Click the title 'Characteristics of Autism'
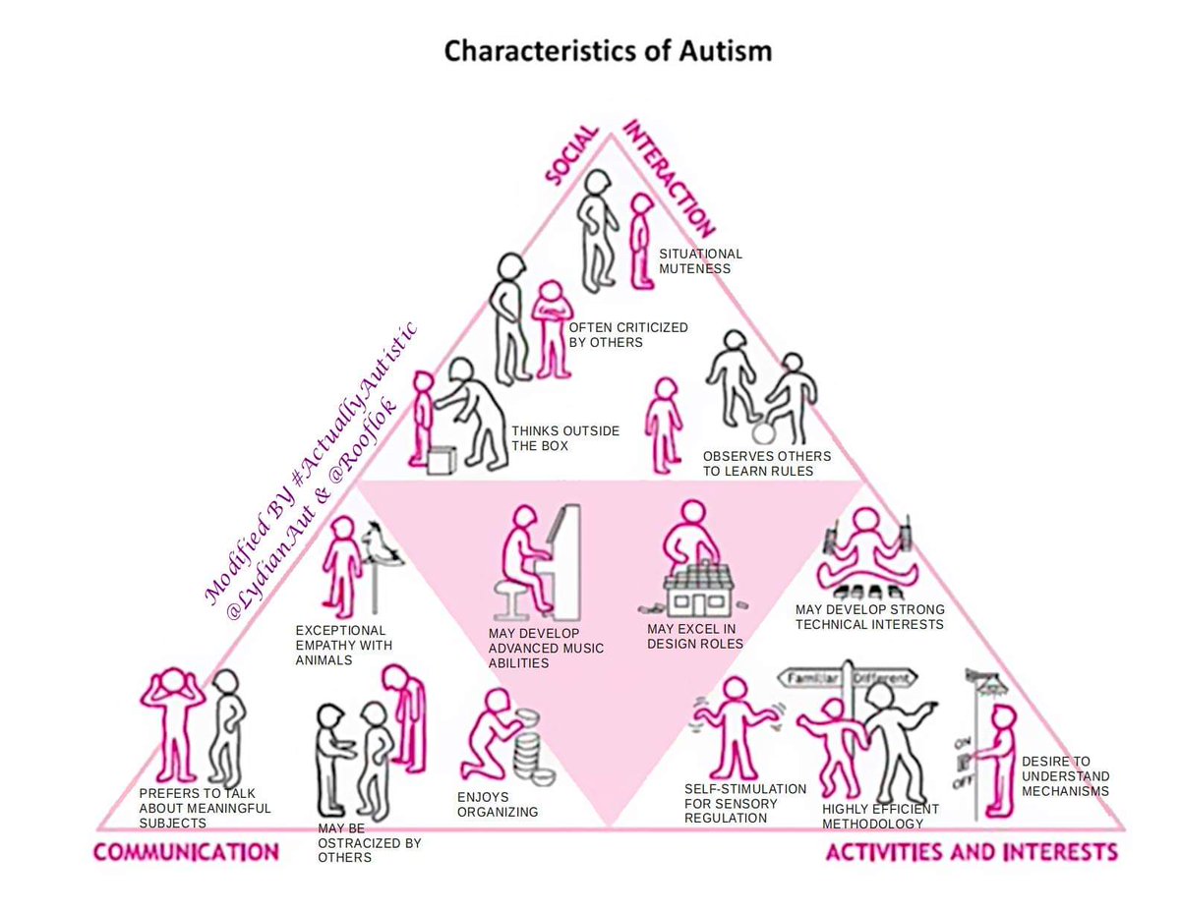pyautogui.click(x=607, y=50)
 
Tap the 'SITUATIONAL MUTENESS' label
pyautogui.click(x=700, y=260)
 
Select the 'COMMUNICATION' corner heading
pyautogui.click(x=186, y=851)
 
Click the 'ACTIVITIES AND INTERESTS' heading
pyautogui.click(x=972, y=851)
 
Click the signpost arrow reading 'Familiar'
pyautogui.click(x=815, y=678)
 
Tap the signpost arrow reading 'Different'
pyautogui.click(x=882, y=678)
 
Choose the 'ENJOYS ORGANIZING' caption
pyautogui.click(x=498, y=804)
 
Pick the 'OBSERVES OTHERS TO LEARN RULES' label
pyautogui.click(x=766, y=463)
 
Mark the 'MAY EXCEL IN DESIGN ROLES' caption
pyautogui.click(x=695, y=636)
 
